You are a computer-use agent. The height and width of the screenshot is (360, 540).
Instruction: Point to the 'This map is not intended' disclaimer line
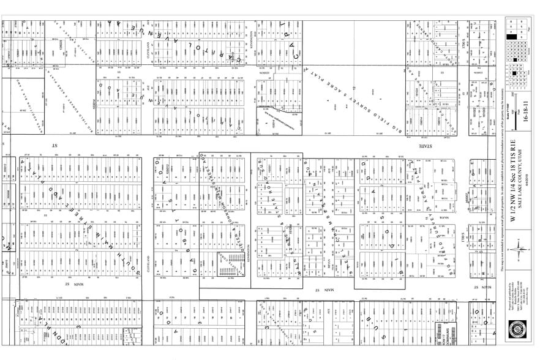pos(501,184)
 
